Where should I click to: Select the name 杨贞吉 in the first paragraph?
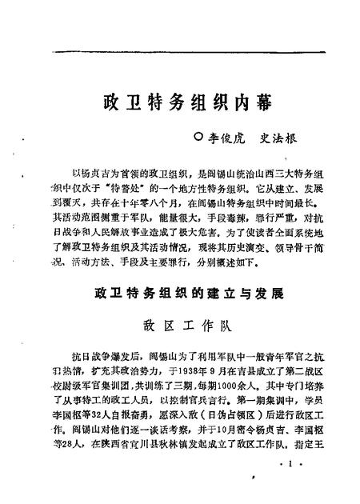95,174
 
